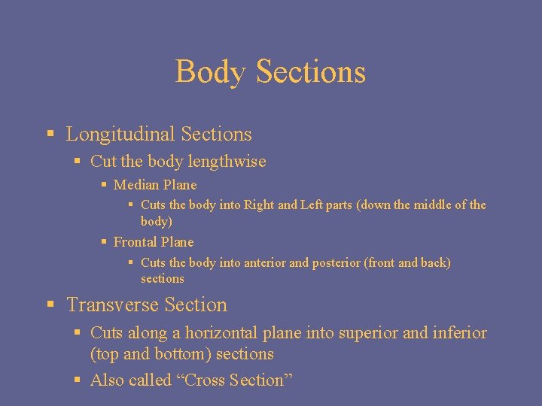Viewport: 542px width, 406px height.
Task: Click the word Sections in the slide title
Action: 310,72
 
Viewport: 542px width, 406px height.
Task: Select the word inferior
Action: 459,333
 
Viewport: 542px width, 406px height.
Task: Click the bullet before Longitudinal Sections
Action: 50,135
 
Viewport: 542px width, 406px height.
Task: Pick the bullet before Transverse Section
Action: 50,305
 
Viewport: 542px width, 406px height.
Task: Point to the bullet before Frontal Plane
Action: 104,242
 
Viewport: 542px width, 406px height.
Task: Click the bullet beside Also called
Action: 78,380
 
